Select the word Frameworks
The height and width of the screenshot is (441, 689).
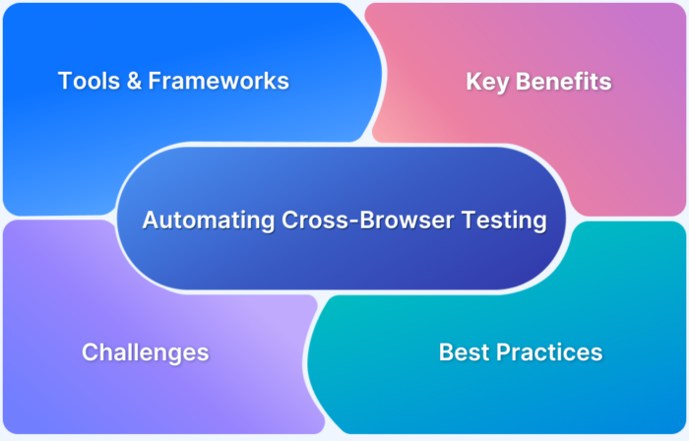click(x=219, y=81)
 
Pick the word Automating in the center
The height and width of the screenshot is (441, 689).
click(x=200, y=220)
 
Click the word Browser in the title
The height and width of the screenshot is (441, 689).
click(x=375, y=220)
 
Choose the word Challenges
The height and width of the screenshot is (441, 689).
click(x=145, y=351)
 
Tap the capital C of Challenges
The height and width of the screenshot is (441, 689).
click(x=90, y=351)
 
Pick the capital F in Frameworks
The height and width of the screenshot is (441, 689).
click(x=155, y=81)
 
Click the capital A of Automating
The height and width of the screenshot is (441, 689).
click(x=150, y=220)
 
